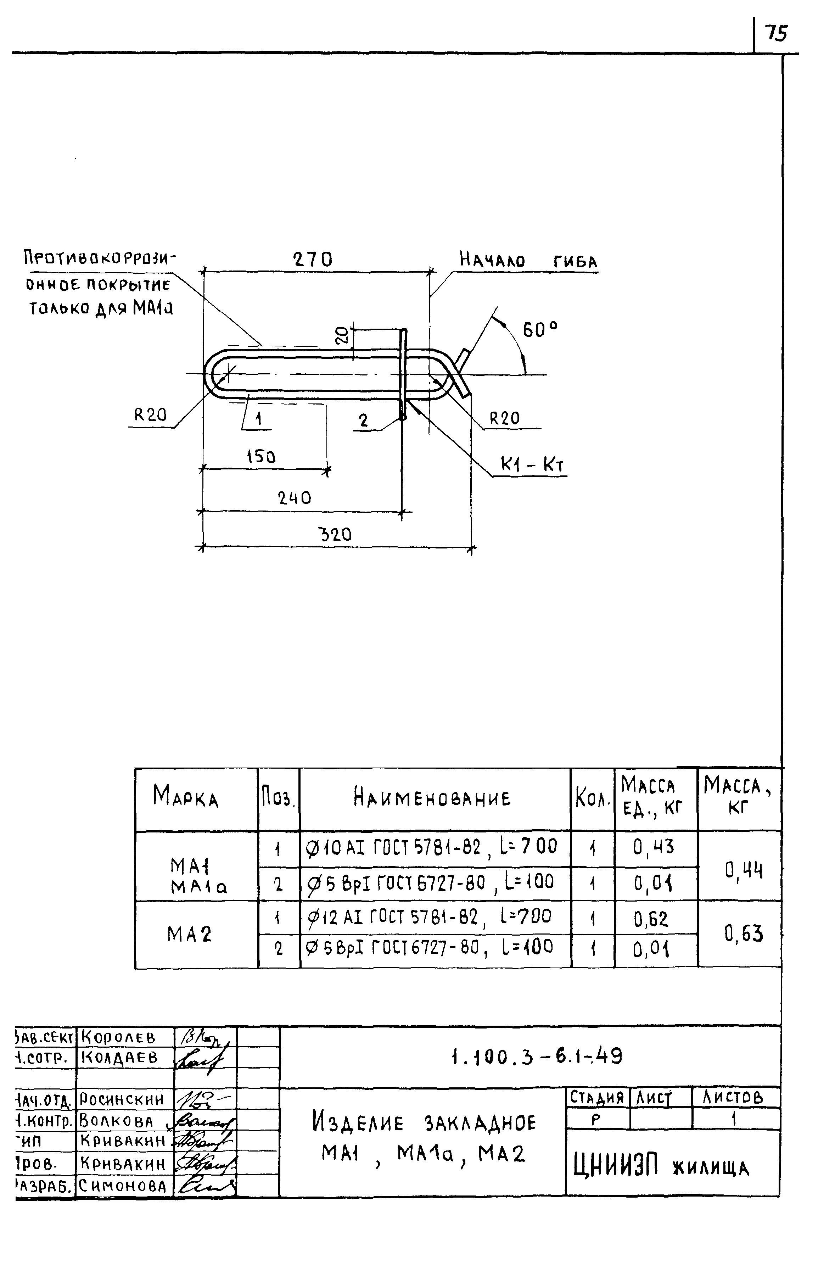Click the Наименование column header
[x=432, y=798]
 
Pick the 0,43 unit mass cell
[x=654, y=847]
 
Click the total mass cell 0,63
[x=744, y=933]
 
